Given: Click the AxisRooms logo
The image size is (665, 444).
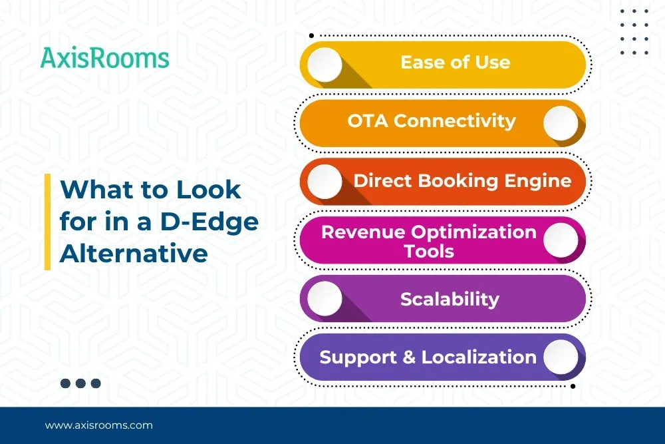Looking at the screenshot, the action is (105, 58).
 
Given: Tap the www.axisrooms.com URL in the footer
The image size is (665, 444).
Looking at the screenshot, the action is (99, 425).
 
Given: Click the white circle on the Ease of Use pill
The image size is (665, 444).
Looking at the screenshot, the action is (325, 65).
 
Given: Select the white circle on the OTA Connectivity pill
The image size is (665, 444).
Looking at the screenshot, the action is (561, 123).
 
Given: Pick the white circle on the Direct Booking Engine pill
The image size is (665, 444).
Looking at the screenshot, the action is (325, 182).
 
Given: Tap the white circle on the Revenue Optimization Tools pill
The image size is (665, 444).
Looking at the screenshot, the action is (561, 240).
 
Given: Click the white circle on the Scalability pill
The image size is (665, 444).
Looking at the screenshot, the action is (325, 298).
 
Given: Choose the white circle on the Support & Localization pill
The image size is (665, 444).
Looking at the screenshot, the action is (561, 357).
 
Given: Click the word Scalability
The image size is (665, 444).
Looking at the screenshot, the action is (450, 300).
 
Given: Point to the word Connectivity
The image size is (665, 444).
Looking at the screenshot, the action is (455, 121).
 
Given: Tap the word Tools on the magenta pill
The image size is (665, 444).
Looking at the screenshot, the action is (429, 251).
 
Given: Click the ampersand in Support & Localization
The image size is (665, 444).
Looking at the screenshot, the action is (409, 357).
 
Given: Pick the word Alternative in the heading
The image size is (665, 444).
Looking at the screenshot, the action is (134, 254).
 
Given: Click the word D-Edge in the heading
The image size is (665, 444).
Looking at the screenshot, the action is (209, 222).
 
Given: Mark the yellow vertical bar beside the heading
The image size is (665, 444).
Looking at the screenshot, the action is (47, 222).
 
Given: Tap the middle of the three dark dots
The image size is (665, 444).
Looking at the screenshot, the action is (80, 383).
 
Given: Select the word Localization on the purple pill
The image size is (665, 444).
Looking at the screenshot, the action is (479, 357).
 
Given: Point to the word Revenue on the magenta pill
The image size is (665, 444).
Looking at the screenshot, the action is (364, 232).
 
